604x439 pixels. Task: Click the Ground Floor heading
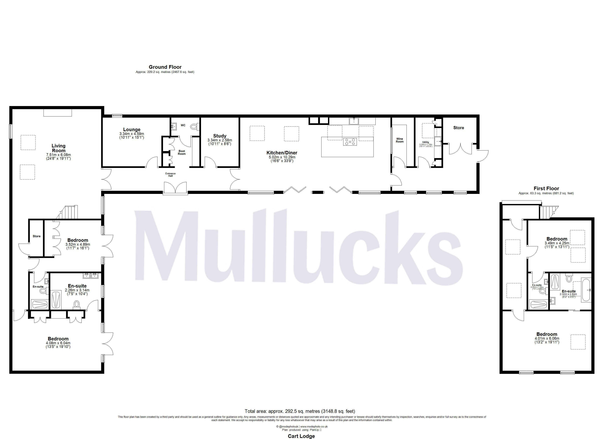(165, 67)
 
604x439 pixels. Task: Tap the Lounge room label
(132, 130)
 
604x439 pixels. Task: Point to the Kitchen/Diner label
(282, 153)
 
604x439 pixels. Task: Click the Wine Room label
(400, 140)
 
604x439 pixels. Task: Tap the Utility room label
(426, 142)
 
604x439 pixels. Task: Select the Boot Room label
(182, 153)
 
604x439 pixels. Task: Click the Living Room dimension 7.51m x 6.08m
(58, 155)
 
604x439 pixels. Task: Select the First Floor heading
(546, 188)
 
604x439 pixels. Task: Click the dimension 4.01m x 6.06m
(547, 339)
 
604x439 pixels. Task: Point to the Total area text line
(300, 411)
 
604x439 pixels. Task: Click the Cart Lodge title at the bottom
(301, 436)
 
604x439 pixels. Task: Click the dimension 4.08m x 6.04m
(58, 343)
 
